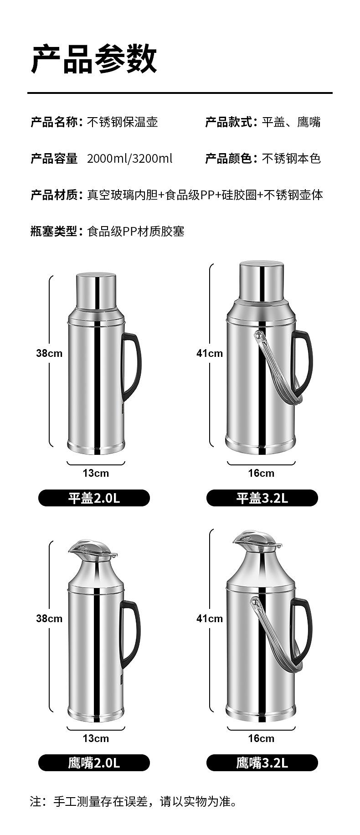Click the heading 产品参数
pos(94,59)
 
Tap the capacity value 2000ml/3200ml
pos(130,159)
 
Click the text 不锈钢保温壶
pos(122,122)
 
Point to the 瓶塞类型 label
pos(54,232)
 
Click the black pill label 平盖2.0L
pos(94,498)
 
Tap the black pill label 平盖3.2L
pos(262,498)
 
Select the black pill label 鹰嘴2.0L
pos(94,763)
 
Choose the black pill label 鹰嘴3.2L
pos(262,763)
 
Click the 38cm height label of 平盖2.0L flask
pos(49,353)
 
